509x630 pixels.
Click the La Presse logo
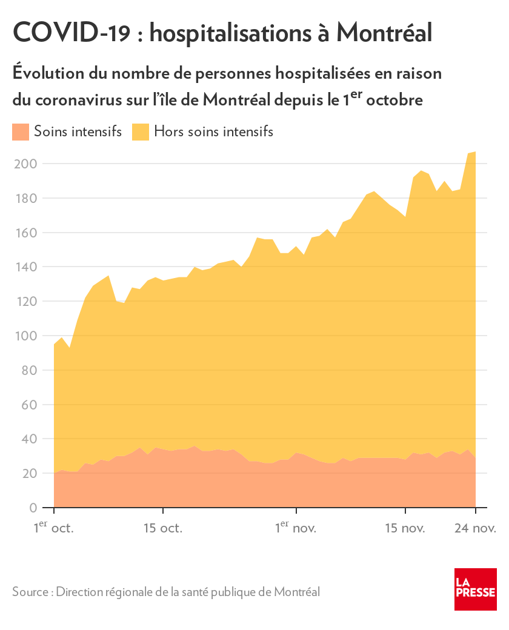pyautogui.click(x=476, y=589)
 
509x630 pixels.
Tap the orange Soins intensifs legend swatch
pyautogui.click(x=21, y=131)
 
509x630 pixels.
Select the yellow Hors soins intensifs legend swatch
pyautogui.click(x=141, y=131)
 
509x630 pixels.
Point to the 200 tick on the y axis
pyautogui.click(x=25, y=164)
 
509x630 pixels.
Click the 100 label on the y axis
pyautogui.click(x=25, y=336)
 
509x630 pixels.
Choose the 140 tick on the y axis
pyautogui.click(x=25, y=267)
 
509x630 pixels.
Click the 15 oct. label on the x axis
pyautogui.click(x=162, y=528)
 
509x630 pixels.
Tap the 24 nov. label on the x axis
pyautogui.click(x=475, y=528)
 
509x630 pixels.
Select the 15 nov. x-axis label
pyautogui.click(x=405, y=528)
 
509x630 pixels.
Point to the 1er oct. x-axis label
pyautogui.click(x=53, y=527)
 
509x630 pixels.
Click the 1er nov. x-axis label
pyautogui.click(x=296, y=527)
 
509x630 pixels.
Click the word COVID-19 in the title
pyautogui.click(x=71, y=33)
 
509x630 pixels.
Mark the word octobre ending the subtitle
pyautogui.click(x=394, y=99)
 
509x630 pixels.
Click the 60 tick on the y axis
pyautogui.click(x=28, y=405)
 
